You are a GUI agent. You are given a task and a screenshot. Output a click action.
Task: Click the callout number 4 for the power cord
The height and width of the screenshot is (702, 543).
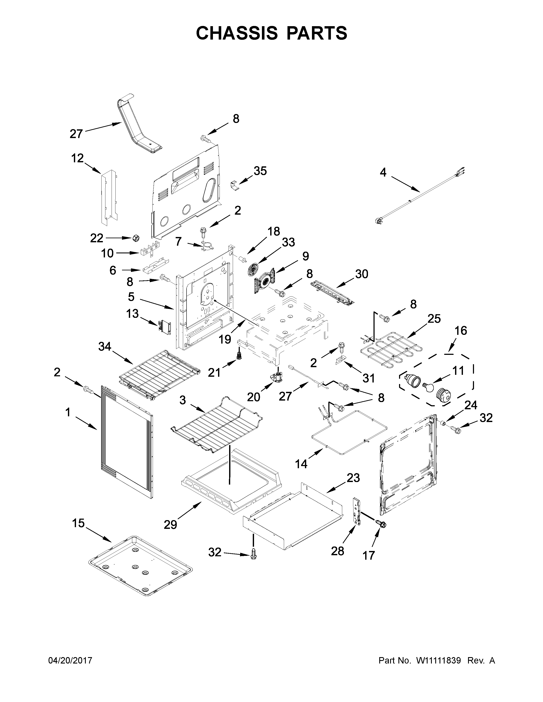click(383, 173)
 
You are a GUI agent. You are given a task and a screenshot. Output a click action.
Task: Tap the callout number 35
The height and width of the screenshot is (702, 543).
click(260, 171)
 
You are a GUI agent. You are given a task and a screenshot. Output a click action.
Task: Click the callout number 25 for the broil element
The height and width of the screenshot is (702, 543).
click(434, 319)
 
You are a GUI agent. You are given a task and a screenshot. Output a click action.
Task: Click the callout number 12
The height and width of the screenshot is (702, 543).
click(77, 158)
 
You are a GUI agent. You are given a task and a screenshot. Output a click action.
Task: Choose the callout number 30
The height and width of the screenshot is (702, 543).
click(362, 274)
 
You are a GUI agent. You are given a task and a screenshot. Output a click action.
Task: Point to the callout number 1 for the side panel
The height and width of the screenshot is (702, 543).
click(68, 412)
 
